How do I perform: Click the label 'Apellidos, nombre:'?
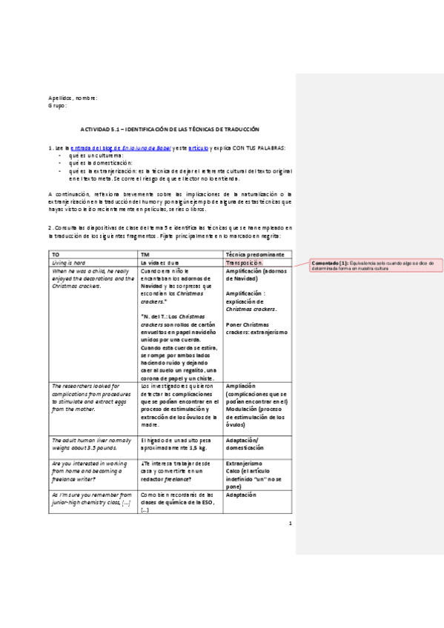[x=73, y=98]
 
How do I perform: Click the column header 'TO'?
[x=55, y=254]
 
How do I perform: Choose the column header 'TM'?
[x=145, y=254]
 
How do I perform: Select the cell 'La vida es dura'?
[x=160, y=262]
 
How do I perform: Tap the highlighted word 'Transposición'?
[x=244, y=262]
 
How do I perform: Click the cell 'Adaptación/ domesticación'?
[x=245, y=444]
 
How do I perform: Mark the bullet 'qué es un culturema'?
[x=96, y=156]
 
